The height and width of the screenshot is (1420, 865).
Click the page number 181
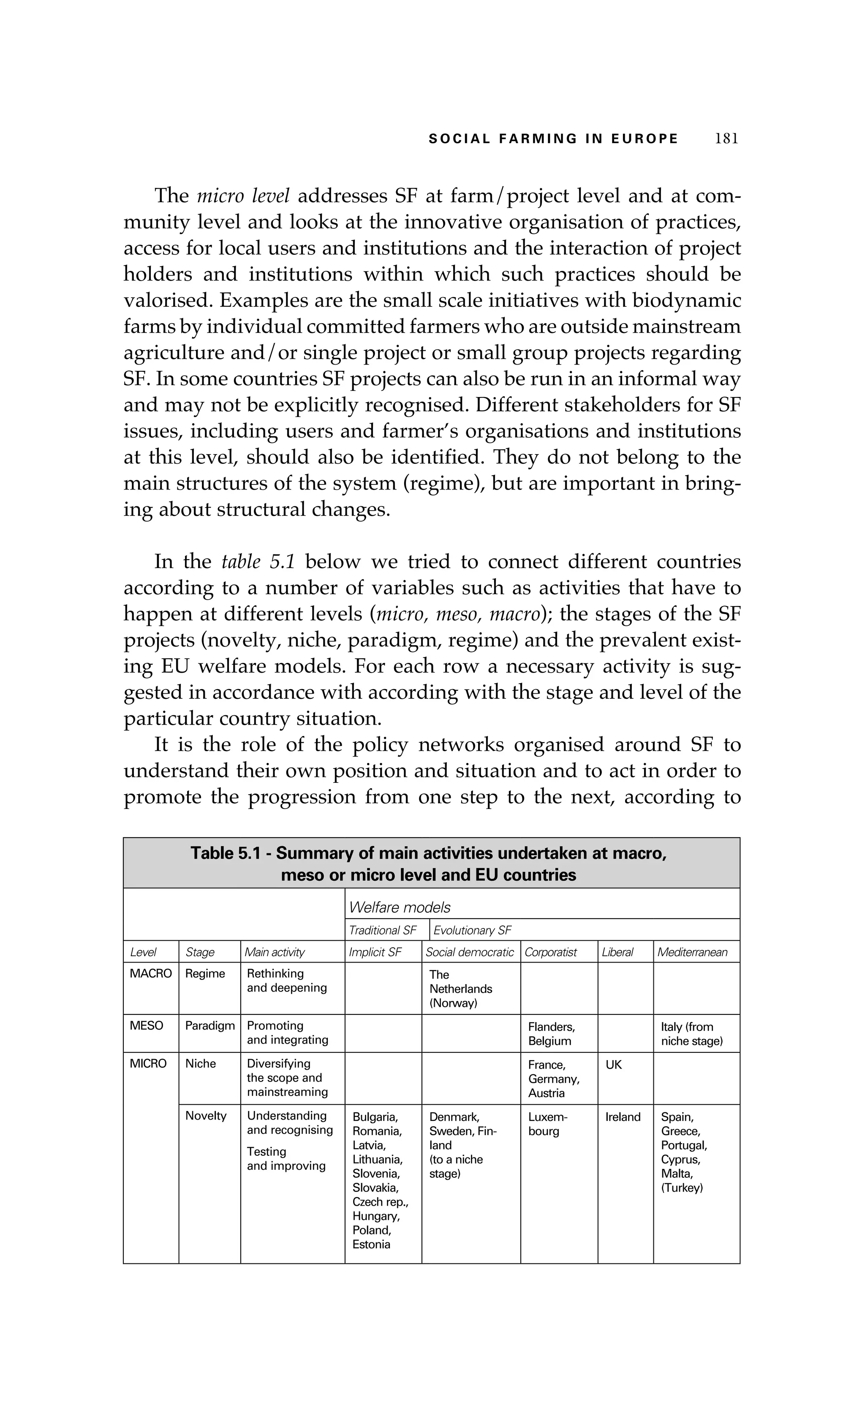(x=726, y=138)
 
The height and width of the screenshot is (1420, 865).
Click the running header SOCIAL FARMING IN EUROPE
(x=553, y=139)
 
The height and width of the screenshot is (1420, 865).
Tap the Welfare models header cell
(x=400, y=908)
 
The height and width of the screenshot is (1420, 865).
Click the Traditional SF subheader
(x=383, y=930)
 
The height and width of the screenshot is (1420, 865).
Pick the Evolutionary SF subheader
(x=472, y=930)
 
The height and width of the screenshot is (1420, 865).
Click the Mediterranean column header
(x=692, y=952)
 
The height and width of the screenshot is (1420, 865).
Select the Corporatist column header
(x=551, y=952)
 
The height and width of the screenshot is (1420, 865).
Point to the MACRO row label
(x=150, y=974)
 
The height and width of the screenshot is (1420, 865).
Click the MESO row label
(x=147, y=1025)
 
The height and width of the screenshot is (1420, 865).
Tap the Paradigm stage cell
(x=210, y=1025)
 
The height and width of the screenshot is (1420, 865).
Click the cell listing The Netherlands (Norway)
(x=461, y=988)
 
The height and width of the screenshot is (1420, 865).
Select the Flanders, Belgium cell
(x=551, y=1033)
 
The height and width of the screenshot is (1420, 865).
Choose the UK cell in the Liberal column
(x=614, y=1064)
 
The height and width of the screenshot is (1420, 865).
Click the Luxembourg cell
(x=547, y=1124)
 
